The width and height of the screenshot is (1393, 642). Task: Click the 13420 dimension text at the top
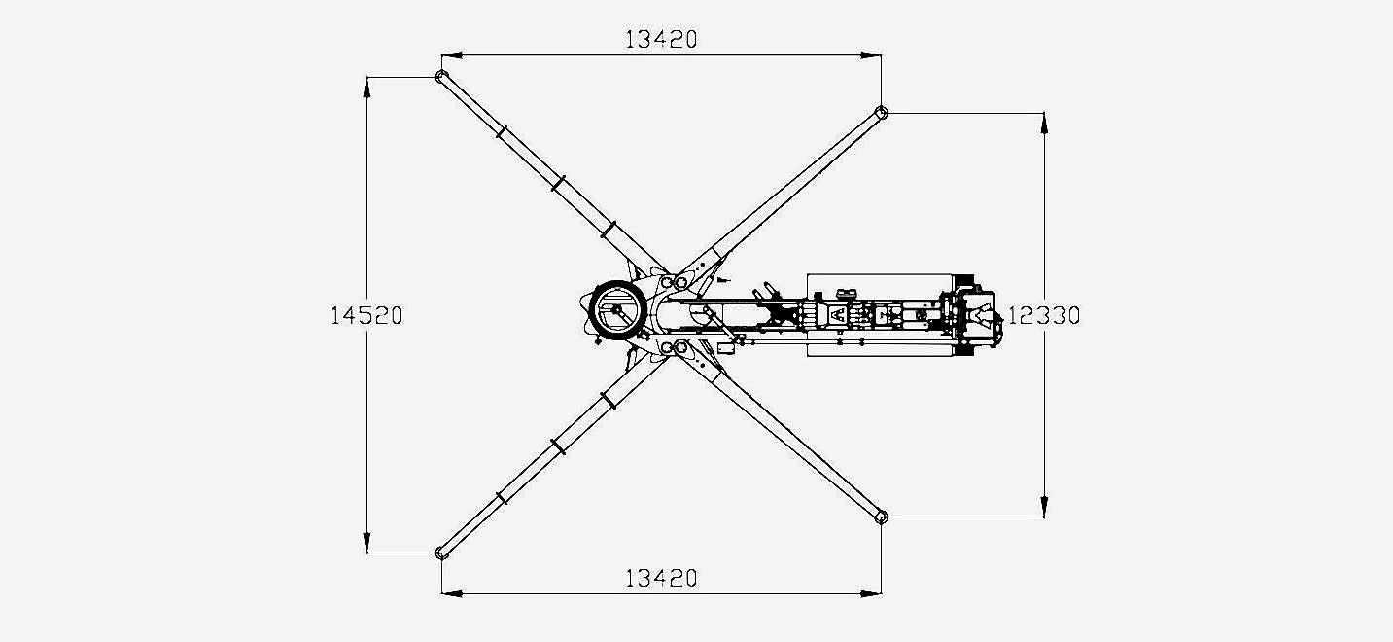[660, 39]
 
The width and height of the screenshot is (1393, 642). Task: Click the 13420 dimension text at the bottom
[660, 579]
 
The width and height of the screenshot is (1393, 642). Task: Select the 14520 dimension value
[366, 316]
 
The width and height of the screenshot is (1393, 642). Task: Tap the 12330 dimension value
[1043, 316]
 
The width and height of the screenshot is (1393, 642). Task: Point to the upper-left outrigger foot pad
[441, 77]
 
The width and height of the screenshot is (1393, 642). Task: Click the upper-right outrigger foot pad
[882, 113]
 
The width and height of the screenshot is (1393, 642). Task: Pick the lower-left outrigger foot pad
[441, 553]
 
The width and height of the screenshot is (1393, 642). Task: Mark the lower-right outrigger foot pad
[882, 517]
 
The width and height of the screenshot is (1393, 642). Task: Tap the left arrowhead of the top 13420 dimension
[452, 55]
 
